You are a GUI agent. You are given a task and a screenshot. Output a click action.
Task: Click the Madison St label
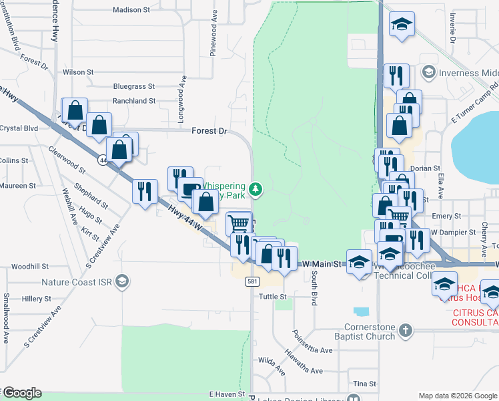point(131,10)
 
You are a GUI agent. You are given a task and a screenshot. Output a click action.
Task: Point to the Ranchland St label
point(133,101)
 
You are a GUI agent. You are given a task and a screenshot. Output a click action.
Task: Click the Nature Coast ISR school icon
point(121,281)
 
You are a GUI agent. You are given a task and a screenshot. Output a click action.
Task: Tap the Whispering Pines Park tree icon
point(255,190)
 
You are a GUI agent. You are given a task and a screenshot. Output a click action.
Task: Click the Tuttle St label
point(272,297)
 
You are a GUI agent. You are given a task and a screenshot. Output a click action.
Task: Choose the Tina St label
point(365,384)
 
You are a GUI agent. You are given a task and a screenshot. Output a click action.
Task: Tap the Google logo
point(21,393)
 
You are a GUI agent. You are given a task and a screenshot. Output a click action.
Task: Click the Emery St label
point(446,216)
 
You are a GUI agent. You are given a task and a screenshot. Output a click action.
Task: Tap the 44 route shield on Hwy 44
point(103,160)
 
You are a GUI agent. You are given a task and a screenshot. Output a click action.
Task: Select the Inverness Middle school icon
point(428,72)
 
